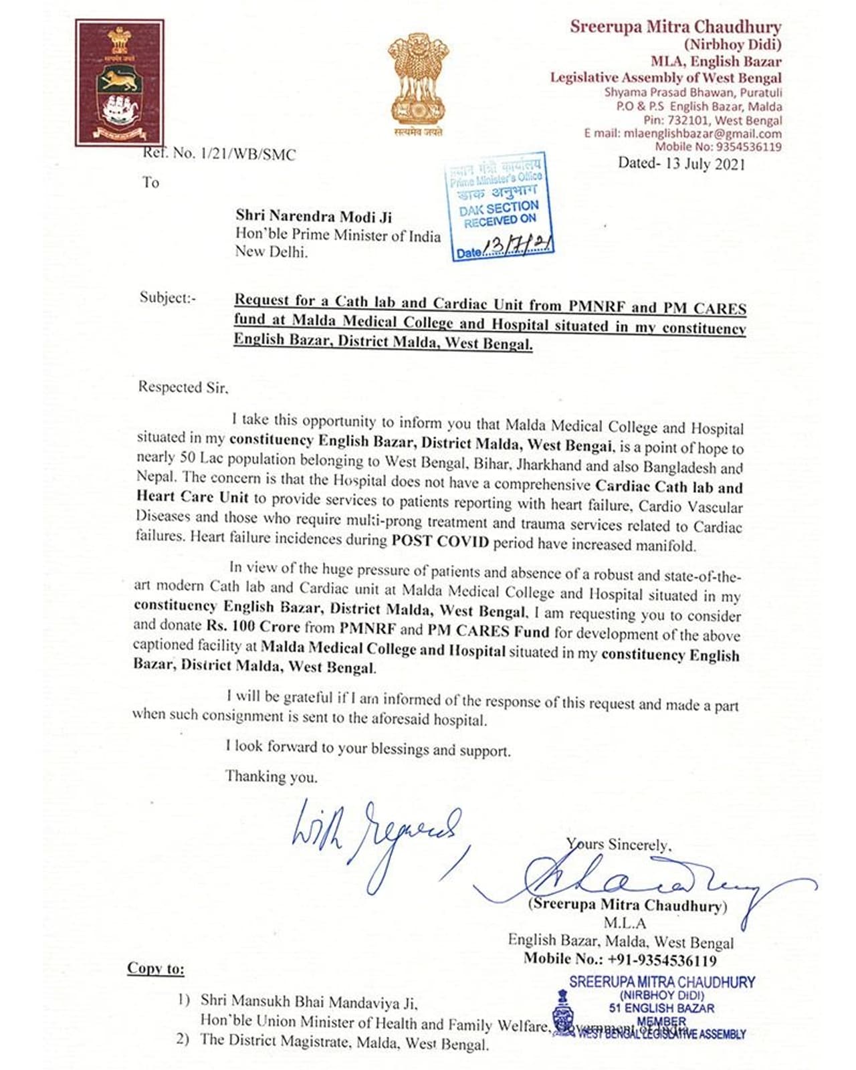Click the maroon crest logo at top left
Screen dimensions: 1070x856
pos(120,83)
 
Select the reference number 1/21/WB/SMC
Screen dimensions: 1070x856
pos(219,154)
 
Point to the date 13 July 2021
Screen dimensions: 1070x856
pos(681,164)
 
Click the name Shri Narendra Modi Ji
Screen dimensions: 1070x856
pos(314,217)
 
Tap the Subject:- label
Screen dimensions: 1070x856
pos(168,298)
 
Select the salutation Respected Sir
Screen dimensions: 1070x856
pos(183,387)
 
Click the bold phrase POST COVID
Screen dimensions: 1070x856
pos(440,541)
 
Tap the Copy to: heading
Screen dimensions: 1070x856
pos(156,968)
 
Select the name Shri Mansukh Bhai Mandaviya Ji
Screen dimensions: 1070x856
pos(309,1001)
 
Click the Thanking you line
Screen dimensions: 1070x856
pos(271,776)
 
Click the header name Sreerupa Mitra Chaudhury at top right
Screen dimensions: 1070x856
pos(675,27)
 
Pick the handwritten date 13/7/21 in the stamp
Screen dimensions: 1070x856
pos(518,247)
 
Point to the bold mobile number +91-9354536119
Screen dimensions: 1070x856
pos(662,960)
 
